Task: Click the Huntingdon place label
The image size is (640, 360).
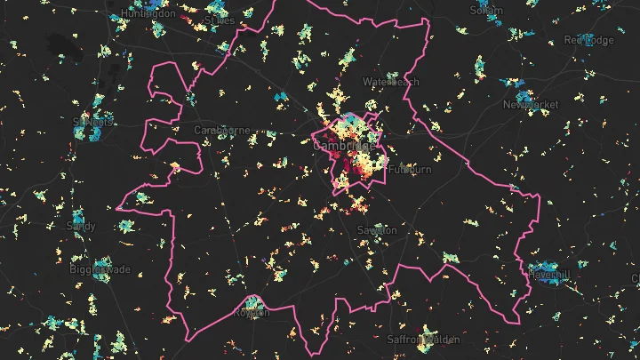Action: [x=126, y=14]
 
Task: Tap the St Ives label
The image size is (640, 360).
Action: [x=220, y=19]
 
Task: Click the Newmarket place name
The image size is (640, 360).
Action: [x=531, y=105]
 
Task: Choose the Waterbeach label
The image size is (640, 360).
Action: [x=390, y=82]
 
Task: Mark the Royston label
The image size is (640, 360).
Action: [x=251, y=313]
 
